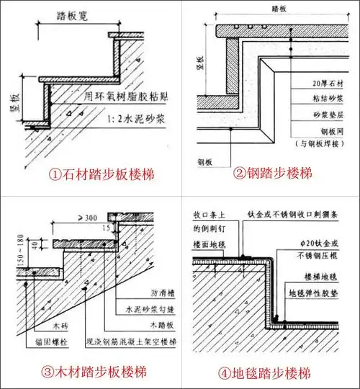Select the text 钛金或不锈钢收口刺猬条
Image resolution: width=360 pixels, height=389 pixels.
click(298, 215)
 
